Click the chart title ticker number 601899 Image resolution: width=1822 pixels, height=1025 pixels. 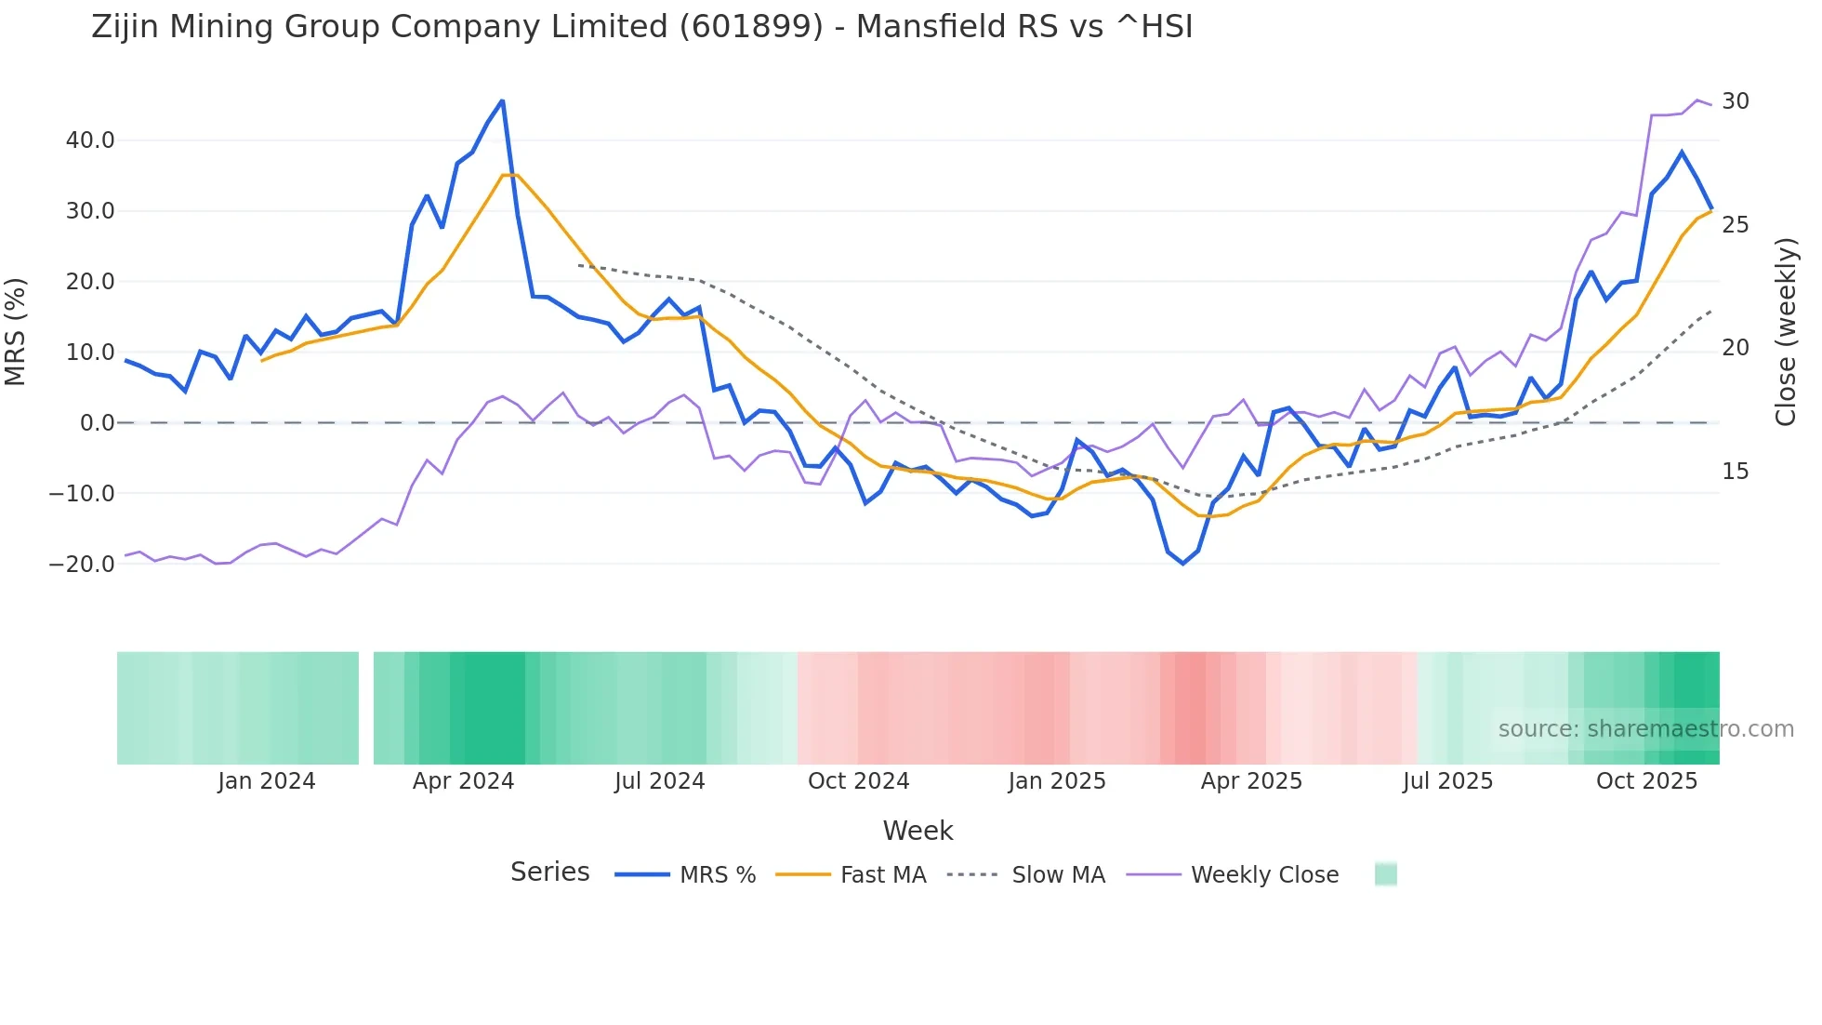pyautogui.click(x=751, y=27)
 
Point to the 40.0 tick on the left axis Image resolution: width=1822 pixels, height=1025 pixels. pyautogui.click(x=89, y=140)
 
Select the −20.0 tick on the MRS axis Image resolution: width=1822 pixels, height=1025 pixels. pyautogui.click(x=82, y=564)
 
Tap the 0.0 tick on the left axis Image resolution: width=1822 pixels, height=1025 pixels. pyautogui.click(x=97, y=423)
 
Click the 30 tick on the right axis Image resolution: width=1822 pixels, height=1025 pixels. pyautogui.click(x=1736, y=101)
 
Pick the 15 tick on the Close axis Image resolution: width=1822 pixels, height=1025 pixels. pyautogui.click(x=1735, y=472)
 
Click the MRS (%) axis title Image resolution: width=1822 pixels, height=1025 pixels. pyautogui.click(x=16, y=331)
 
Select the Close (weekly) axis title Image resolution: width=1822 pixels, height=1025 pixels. pyautogui.click(x=1786, y=332)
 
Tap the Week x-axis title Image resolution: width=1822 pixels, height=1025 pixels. pyautogui.click(x=918, y=831)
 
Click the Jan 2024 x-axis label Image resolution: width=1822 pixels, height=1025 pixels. pyautogui.click(x=267, y=781)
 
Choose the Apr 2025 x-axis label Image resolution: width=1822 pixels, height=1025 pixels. pyautogui.click(x=1251, y=781)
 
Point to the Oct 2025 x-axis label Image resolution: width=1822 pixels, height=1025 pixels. pyautogui.click(x=1646, y=781)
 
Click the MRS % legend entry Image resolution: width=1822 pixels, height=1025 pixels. pyautogui.click(x=717, y=875)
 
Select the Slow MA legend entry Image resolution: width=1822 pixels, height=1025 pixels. pyautogui.click(x=1058, y=875)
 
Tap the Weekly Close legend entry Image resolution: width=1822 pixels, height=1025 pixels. pyautogui.click(x=1264, y=875)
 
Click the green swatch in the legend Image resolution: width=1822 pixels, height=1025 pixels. pyautogui.click(x=1385, y=874)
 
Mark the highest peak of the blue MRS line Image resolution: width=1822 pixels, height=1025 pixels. pyautogui.click(x=502, y=100)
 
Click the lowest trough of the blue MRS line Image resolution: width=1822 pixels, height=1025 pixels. pyautogui.click(x=1183, y=564)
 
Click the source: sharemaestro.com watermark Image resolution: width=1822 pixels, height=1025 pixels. pyautogui.click(x=1645, y=729)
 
